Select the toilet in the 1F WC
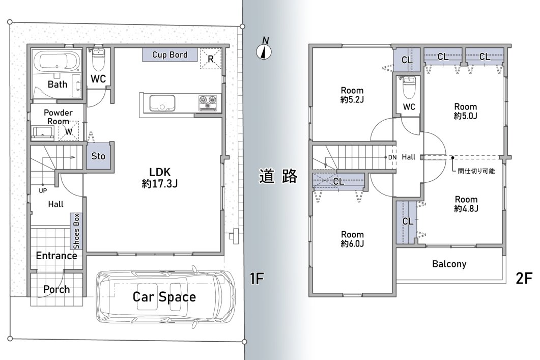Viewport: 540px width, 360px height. pyautogui.click(x=99, y=59)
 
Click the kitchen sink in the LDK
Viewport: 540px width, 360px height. pyautogui.click(x=162, y=103)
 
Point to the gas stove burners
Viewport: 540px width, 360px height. pyautogui.click(x=208, y=103)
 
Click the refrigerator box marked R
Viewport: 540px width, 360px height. pyautogui.click(x=210, y=59)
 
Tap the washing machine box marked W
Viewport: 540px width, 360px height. pyautogui.click(x=69, y=131)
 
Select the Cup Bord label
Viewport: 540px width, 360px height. pyautogui.click(x=170, y=55)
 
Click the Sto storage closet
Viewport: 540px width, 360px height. pyautogui.click(x=99, y=156)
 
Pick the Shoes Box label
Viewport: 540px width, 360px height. pyautogui.click(x=76, y=231)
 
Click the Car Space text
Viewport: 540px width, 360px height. pyautogui.click(x=164, y=297)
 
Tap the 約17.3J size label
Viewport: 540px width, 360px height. pyautogui.click(x=159, y=184)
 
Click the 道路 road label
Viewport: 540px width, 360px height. pyautogui.click(x=278, y=176)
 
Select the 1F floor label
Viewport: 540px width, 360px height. pyautogui.click(x=257, y=279)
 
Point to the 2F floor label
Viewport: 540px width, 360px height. pyautogui.click(x=524, y=279)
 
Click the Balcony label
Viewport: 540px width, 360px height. pyautogui.click(x=449, y=264)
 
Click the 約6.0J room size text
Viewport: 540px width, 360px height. pyautogui.click(x=352, y=243)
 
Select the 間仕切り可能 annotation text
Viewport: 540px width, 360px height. pyautogui.click(x=476, y=171)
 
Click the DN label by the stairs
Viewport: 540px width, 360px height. pyautogui.click(x=392, y=157)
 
